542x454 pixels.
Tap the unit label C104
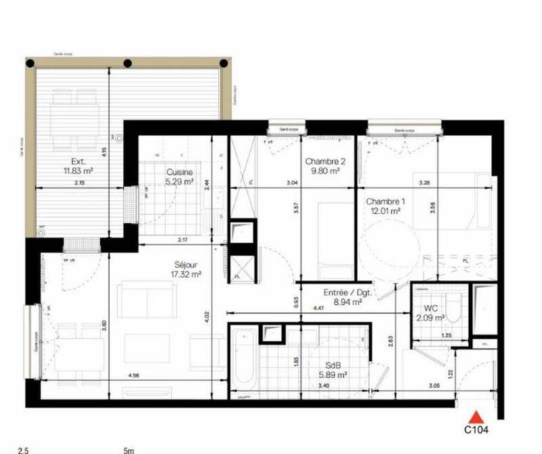tap(477, 429)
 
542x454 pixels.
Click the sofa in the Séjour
tap(146, 300)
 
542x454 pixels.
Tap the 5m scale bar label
tap(129, 449)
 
